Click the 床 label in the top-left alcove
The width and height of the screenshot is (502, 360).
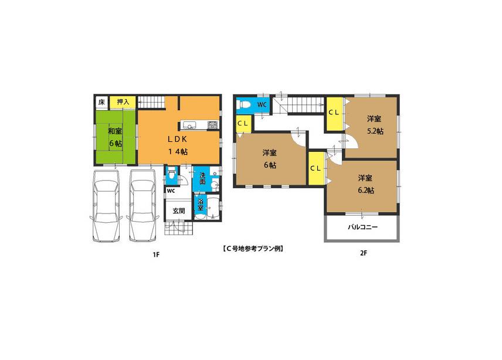(x=101, y=103)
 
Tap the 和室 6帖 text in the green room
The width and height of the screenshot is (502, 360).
(x=114, y=137)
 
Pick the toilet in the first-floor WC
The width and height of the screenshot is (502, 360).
(x=170, y=174)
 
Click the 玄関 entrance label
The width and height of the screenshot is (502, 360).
(x=178, y=211)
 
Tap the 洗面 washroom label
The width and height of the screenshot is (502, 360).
(x=202, y=178)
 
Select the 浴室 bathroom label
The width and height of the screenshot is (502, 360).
(x=200, y=205)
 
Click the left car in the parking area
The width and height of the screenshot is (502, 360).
(x=106, y=208)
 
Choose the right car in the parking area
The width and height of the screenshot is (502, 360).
(x=143, y=208)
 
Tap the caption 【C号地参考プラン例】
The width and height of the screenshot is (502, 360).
(x=253, y=248)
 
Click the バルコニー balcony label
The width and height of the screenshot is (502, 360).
(x=362, y=227)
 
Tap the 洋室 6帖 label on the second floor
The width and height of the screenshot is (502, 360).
(x=270, y=159)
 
